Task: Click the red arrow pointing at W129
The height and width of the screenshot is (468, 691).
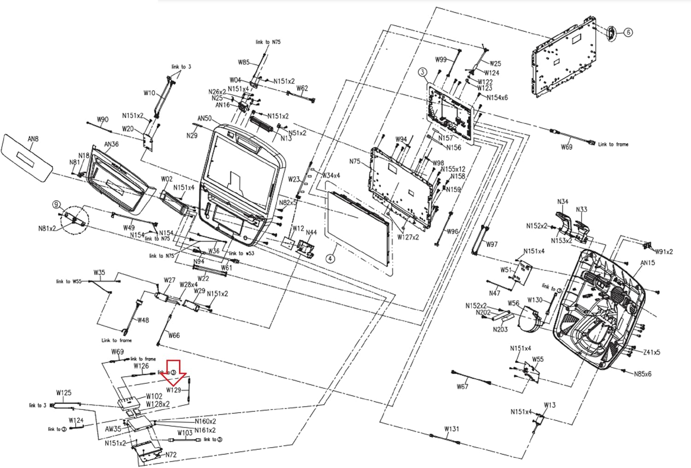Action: (x=176, y=371)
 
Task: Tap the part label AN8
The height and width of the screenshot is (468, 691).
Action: (x=33, y=139)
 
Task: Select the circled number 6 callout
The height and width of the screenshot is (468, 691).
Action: (x=628, y=32)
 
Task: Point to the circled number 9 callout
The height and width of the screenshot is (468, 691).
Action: (x=56, y=204)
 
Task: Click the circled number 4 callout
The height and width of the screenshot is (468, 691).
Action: (x=330, y=259)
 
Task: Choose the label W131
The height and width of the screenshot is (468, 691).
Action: (x=451, y=429)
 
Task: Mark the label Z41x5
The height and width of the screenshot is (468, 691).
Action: (x=651, y=352)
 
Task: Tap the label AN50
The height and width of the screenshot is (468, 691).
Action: (x=205, y=119)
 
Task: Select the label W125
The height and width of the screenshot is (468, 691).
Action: (x=64, y=393)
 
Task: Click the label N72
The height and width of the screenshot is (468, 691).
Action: (x=171, y=455)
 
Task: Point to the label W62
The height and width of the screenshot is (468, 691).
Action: (x=302, y=88)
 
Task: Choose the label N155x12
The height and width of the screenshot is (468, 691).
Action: (x=453, y=169)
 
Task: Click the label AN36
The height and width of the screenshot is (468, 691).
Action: (x=111, y=144)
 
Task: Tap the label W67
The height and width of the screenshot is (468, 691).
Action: (x=463, y=387)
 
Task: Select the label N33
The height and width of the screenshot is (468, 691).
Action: (x=582, y=209)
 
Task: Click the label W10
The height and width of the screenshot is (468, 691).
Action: (x=149, y=93)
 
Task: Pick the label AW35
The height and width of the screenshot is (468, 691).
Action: (x=113, y=429)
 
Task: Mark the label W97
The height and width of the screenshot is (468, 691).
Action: (x=492, y=244)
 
